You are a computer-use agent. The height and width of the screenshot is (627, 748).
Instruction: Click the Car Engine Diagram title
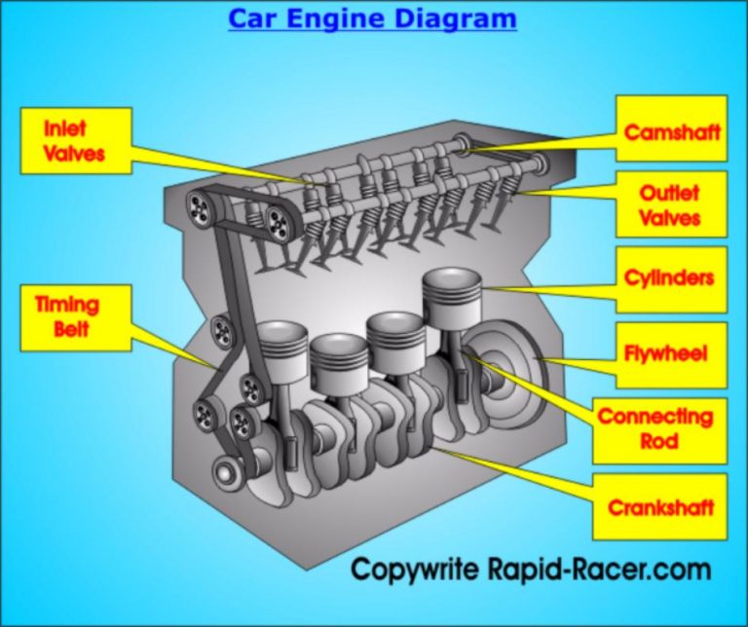372,18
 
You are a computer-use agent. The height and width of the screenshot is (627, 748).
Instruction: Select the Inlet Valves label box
75,141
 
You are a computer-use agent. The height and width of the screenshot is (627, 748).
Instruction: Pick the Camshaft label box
672,131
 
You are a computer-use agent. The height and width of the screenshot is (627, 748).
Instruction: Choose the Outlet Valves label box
670,203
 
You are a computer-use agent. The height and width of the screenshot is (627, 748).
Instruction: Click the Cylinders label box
670,278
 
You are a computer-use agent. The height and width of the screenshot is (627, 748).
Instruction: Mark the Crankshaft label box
660,507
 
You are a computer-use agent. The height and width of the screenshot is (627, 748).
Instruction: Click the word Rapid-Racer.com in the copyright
599,570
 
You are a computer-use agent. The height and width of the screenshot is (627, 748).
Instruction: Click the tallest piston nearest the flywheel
452,298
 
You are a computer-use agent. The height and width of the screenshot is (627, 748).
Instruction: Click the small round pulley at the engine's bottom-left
227,474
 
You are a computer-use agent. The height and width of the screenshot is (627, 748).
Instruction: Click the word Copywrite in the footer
416,570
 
